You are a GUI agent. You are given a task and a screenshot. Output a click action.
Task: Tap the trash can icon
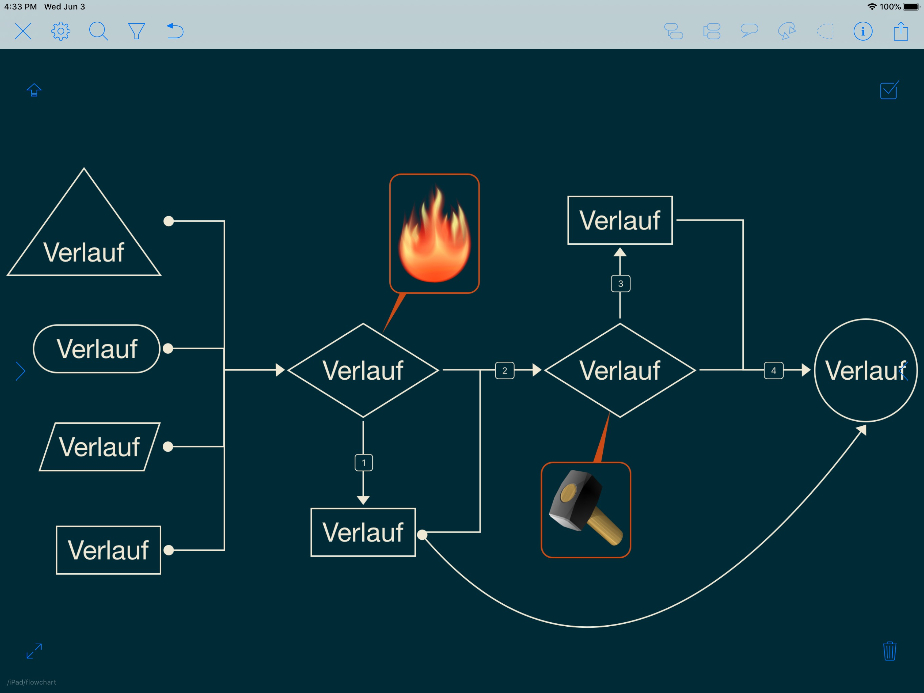pyautogui.click(x=889, y=651)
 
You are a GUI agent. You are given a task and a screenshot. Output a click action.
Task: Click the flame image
pyautogui.click(x=434, y=234)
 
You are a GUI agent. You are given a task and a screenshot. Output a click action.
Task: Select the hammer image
pyautogui.click(x=586, y=510)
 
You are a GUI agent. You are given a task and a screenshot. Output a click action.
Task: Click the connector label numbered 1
pyautogui.click(x=364, y=463)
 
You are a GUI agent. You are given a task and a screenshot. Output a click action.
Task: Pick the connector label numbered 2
pyautogui.click(x=505, y=370)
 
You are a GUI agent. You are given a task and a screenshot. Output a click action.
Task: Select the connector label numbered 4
pyautogui.click(x=773, y=370)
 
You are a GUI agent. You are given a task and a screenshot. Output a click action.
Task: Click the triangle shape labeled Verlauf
pyautogui.click(x=84, y=242)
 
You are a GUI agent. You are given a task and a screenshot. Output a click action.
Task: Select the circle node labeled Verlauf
pyautogui.click(x=865, y=370)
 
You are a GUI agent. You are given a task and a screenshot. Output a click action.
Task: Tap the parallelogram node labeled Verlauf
pyautogui.click(x=99, y=447)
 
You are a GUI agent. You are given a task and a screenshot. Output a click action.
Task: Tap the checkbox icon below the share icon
pyautogui.click(x=889, y=90)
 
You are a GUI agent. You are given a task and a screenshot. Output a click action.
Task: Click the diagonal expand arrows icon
pyautogui.click(x=34, y=651)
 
